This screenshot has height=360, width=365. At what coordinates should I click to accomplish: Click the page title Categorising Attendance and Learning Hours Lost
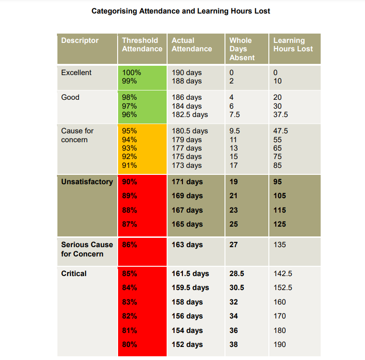tap(180, 11)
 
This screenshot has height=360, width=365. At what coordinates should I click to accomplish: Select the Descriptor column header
tap(80, 41)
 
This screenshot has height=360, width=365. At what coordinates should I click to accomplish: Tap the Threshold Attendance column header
tap(142, 45)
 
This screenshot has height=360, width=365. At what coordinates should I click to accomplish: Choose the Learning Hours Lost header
tap(293, 45)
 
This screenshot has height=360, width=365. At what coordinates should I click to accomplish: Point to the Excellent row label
tap(76, 73)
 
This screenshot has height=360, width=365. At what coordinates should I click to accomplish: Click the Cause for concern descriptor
tap(77, 135)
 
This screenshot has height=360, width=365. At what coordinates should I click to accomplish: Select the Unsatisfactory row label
tap(87, 182)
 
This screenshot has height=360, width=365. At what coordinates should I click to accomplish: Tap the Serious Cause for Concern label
tap(87, 249)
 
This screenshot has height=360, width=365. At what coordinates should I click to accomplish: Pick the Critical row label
tap(74, 274)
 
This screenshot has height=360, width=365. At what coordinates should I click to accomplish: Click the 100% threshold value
tap(132, 73)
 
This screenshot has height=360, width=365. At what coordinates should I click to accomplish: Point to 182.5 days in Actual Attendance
tap(190, 115)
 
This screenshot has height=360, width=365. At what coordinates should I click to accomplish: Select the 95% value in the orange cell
tap(129, 131)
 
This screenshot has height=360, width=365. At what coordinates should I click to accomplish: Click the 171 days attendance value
tap(187, 182)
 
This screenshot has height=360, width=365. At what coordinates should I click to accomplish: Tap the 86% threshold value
tap(129, 245)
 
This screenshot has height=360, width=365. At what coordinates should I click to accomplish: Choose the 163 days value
tap(187, 245)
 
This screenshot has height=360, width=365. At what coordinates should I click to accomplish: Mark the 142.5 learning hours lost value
tap(283, 274)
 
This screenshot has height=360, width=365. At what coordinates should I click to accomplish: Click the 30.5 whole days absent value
tap(237, 288)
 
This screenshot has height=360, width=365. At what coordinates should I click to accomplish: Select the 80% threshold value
tap(129, 345)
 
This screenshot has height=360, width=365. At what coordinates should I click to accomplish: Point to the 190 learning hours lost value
tap(280, 345)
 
